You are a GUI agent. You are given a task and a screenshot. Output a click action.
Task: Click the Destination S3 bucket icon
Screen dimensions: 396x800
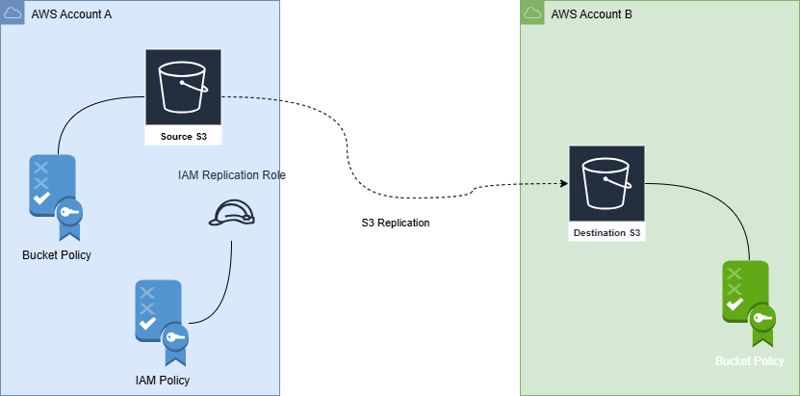click(606, 184)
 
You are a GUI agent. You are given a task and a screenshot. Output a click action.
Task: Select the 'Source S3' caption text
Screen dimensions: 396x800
click(183, 137)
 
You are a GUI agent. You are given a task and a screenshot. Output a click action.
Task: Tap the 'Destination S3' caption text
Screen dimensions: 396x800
click(606, 233)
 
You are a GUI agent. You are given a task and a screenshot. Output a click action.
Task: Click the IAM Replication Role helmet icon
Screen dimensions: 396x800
click(231, 214)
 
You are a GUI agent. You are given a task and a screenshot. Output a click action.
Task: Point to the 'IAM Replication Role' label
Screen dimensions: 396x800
click(232, 175)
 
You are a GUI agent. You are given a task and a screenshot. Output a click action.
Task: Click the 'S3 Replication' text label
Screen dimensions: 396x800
click(396, 223)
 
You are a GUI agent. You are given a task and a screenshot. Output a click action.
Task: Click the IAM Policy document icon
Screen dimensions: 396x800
click(161, 322)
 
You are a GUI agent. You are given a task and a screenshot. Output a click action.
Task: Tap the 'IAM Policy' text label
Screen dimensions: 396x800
click(163, 380)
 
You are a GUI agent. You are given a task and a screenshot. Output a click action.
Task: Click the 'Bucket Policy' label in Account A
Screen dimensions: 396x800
click(57, 254)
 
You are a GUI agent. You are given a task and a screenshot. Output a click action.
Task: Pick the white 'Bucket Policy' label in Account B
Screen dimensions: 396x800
click(750, 360)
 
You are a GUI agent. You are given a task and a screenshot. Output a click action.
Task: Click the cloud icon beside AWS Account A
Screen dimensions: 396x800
click(13, 13)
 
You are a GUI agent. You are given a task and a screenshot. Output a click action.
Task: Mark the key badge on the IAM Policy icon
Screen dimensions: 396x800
click(175, 337)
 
